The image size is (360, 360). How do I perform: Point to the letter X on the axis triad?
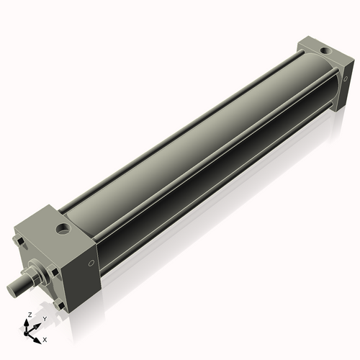coord(45,338)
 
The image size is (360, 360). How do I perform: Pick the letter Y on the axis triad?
coord(44,318)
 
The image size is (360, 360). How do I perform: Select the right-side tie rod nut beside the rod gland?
coord(53,271)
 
